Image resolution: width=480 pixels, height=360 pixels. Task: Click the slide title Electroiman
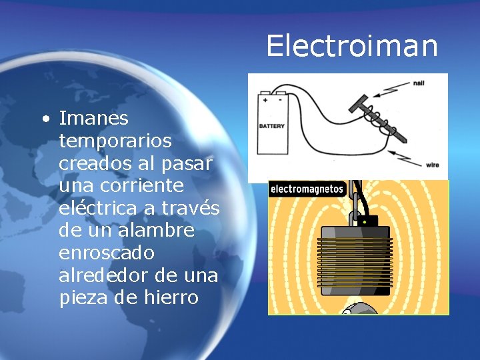[x=352, y=46]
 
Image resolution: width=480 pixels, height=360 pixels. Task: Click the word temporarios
[x=115, y=141]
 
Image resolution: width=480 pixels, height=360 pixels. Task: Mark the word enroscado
[x=107, y=253]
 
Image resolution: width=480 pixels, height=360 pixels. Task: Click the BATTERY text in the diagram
[x=271, y=125]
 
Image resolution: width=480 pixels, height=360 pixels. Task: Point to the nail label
[x=419, y=83]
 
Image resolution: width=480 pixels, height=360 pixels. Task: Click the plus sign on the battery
[x=265, y=99]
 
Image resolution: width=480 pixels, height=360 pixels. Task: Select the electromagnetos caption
[x=307, y=189]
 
